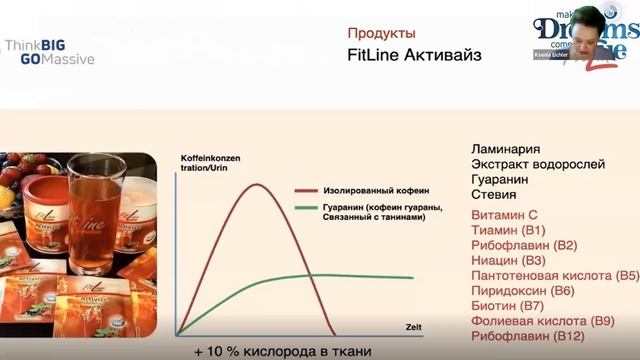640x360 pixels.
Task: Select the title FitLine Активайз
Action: (413, 55)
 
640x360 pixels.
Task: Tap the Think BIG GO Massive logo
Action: (49, 52)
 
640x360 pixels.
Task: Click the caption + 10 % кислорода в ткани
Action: (283, 350)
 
